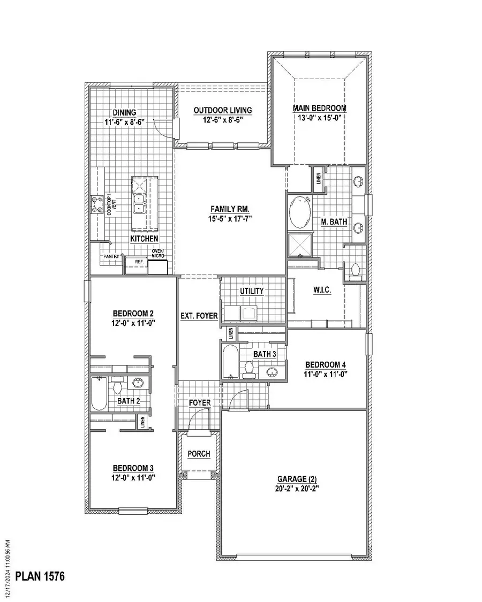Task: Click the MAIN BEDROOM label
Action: pos(319,108)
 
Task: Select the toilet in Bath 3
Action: pos(248,369)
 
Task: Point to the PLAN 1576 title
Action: pos(40,577)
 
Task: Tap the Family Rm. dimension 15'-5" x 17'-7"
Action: pos(230,218)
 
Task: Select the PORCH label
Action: pos(199,454)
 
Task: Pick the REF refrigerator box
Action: pos(138,262)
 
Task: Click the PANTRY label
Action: pos(112,256)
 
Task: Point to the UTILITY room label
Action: pos(252,291)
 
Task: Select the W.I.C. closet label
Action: pos(322,290)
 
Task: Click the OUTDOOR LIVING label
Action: pos(223,110)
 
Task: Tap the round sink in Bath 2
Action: pos(137,383)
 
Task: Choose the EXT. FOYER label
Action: pos(199,316)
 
